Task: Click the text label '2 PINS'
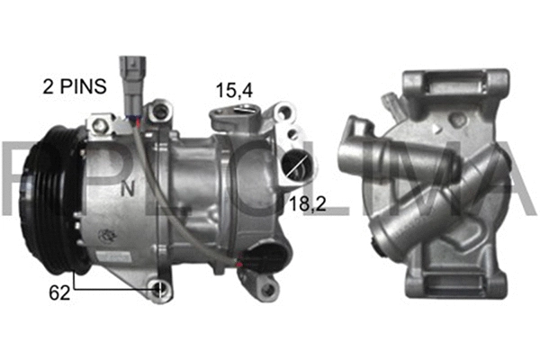pyautogui.click(x=75, y=87)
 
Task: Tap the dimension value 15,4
pyautogui.click(x=232, y=90)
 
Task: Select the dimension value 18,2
pyautogui.click(x=306, y=205)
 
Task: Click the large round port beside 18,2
pyautogui.click(x=297, y=166)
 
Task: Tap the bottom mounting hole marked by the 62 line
pyautogui.click(x=159, y=290)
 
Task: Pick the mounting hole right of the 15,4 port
pyautogui.click(x=284, y=113)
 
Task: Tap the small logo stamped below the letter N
pyautogui.click(x=109, y=236)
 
